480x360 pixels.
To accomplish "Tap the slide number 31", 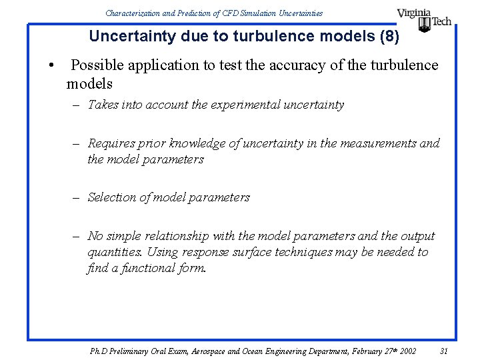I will coord(445,351).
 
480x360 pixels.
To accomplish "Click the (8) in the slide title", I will coord(389,36).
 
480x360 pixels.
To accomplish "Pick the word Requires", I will coord(111,143).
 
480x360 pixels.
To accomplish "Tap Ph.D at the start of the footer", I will coord(98,351).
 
